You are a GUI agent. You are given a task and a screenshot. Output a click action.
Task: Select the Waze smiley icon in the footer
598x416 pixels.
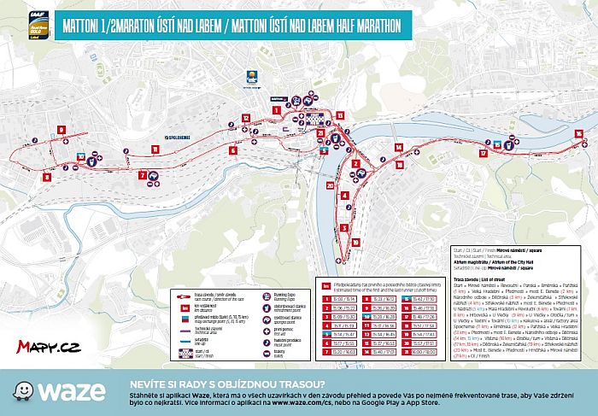point(17,394)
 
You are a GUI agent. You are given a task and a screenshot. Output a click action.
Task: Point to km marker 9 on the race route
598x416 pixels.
point(62,130)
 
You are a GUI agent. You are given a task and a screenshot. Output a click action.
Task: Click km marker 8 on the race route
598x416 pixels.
point(47,176)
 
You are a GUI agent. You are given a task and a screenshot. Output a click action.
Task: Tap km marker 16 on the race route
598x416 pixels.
point(578,133)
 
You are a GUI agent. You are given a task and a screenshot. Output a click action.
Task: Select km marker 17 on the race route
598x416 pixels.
point(483,154)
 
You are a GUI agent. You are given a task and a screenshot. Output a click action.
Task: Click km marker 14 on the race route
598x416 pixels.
point(398,145)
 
